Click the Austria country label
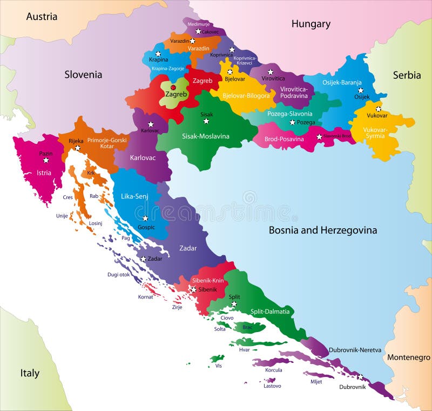coord(42,16)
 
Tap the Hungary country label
coord(310,24)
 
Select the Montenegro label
coord(408,357)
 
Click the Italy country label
coord(30,373)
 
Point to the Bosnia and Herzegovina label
coord(323,230)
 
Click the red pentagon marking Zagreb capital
coord(173,87)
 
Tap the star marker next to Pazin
coord(46,160)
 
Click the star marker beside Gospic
coord(145,219)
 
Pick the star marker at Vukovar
coord(378,109)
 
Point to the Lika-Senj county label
coord(134,196)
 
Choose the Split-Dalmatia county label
coord(270,311)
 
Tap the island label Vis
coord(218,366)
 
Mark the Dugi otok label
coord(118,275)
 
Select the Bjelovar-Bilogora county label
coord(247,96)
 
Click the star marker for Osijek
coord(360,90)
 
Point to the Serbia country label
coord(406,75)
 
